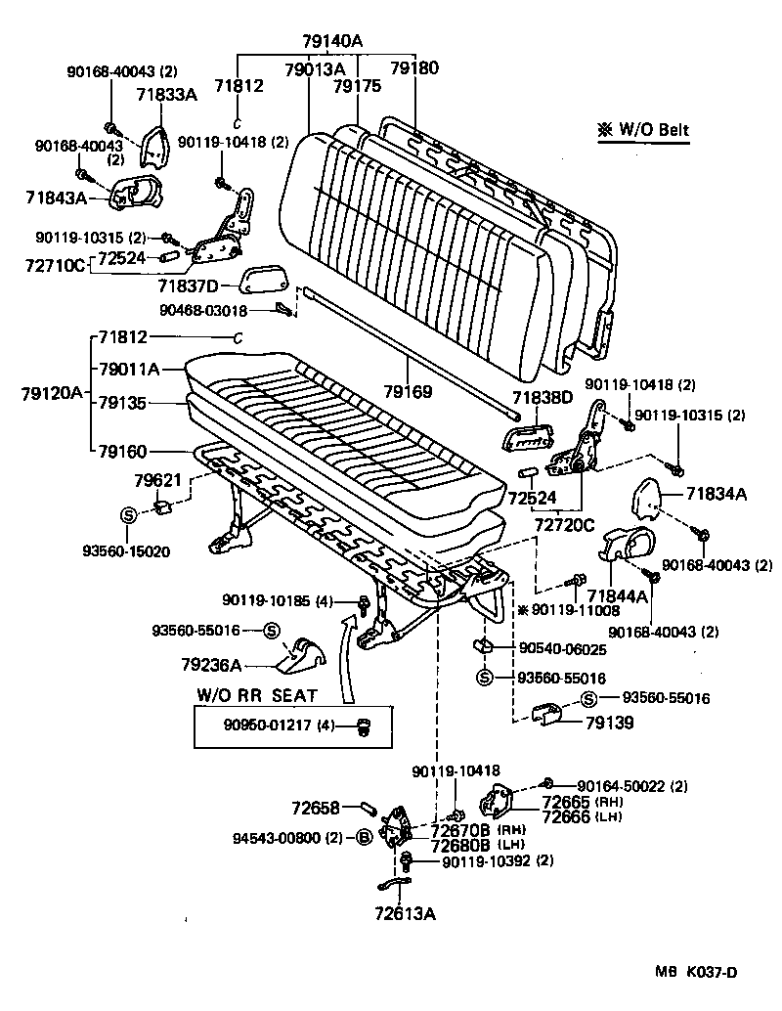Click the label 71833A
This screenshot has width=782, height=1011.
166,94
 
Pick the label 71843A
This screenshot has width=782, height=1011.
57,198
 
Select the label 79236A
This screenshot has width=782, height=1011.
211,665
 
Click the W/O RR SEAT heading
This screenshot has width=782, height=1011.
258,695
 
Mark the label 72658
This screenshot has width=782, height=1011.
315,808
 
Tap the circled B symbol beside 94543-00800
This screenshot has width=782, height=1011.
362,837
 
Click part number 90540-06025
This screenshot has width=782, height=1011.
563,649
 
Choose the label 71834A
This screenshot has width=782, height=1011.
716,495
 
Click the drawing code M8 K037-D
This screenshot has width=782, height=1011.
696,971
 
